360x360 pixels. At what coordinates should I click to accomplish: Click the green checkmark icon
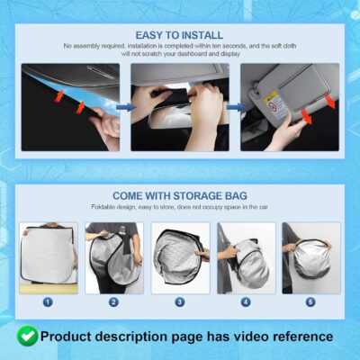click(x=27, y=337)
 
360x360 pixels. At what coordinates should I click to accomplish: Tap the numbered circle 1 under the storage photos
click(x=49, y=302)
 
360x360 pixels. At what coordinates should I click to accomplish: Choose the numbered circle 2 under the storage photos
click(x=113, y=302)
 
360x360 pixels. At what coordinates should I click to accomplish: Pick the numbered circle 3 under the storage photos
click(x=179, y=302)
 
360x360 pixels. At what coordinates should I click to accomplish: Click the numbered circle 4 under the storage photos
click(x=245, y=302)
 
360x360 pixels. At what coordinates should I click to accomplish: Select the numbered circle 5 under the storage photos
click(x=310, y=302)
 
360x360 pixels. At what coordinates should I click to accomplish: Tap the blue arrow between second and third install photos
click(x=234, y=106)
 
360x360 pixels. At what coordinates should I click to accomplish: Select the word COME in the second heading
click(x=131, y=195)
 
